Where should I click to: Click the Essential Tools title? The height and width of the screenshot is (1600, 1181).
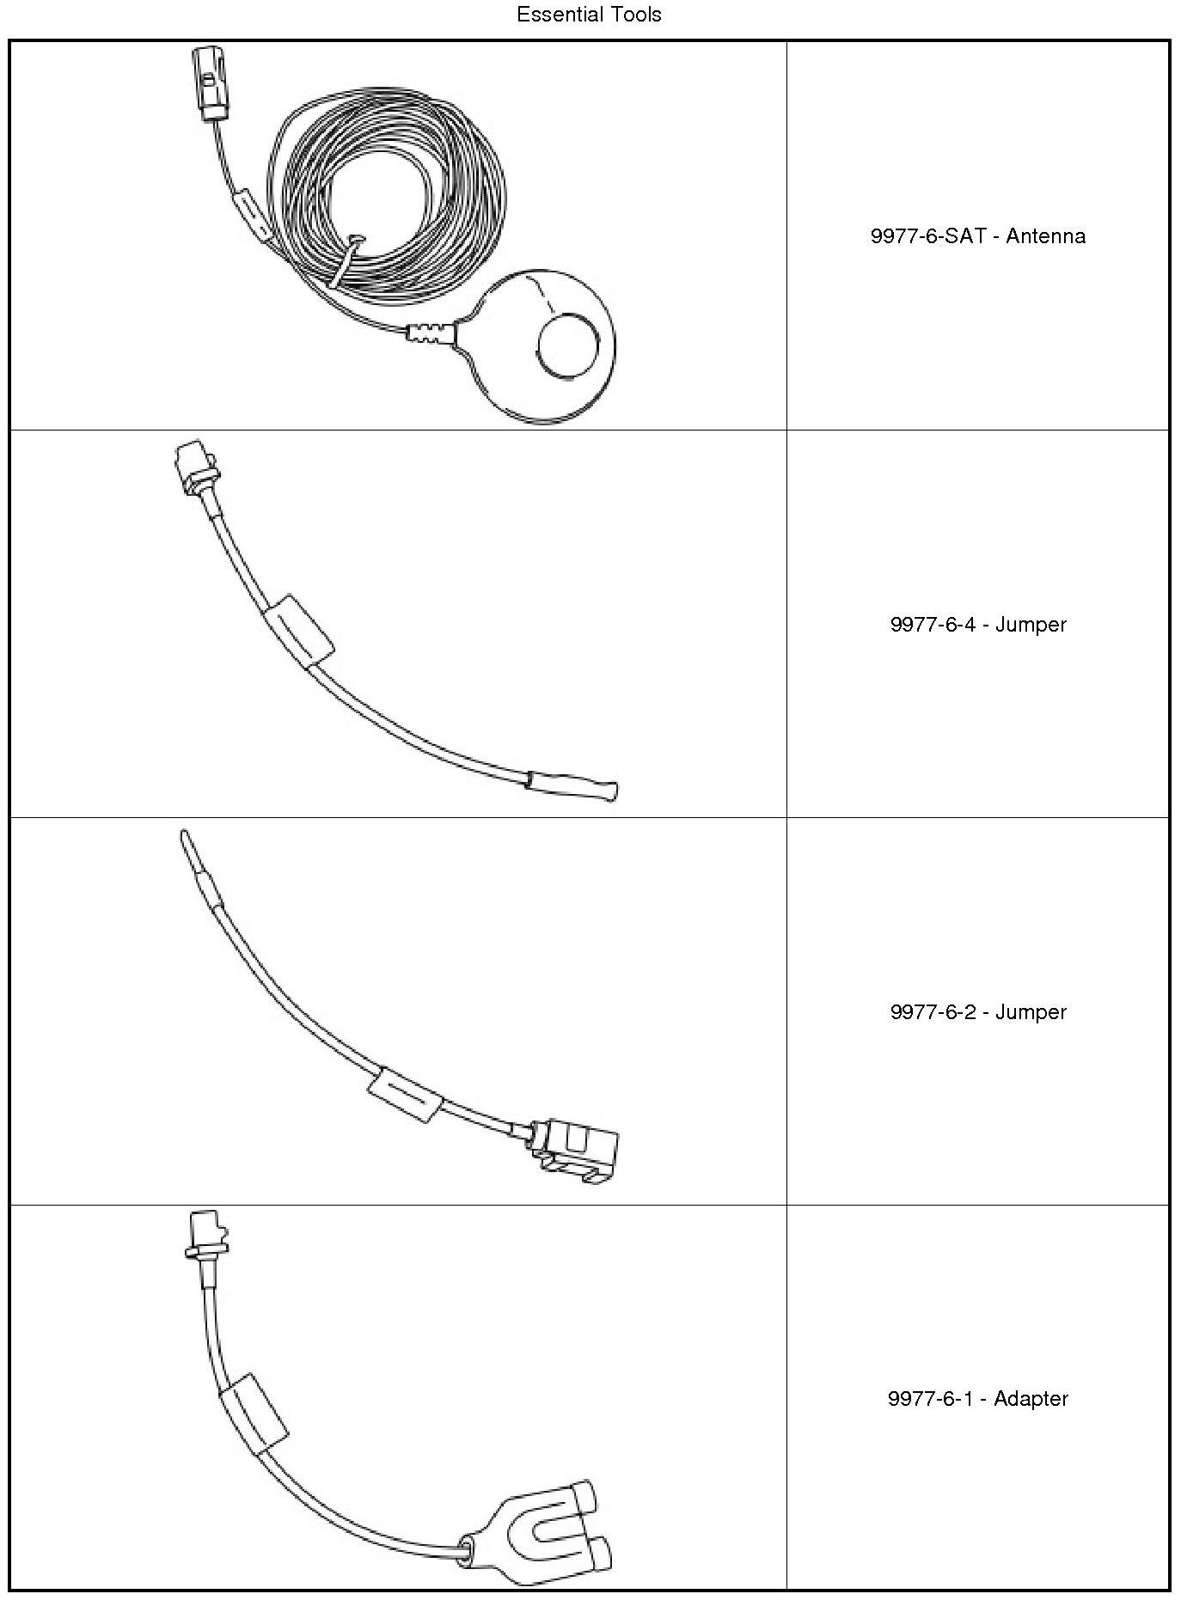(589, 15)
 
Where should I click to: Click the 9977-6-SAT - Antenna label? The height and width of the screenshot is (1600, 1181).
(977, 236)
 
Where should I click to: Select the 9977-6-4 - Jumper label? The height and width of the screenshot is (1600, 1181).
(977, 625)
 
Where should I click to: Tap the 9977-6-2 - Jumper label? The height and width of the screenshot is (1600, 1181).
(977, 1011)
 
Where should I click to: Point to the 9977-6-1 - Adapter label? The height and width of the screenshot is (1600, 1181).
(977, 1399)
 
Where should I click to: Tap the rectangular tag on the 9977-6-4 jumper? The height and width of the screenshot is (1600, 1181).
(297, 630)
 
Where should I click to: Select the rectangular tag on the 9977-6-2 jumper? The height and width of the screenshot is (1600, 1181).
(404, 1094)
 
